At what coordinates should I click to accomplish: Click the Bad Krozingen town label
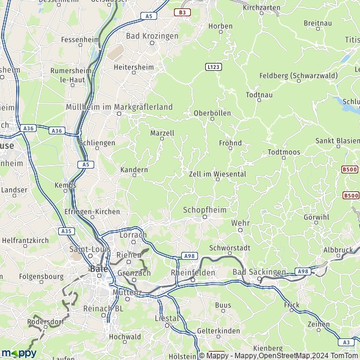click(152, 36)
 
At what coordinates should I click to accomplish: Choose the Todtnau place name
click(259, 95)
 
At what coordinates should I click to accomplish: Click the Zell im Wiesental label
click(217, 173)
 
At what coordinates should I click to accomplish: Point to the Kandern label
click(134, 170)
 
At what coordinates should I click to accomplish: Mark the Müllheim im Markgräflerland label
click(118, 107)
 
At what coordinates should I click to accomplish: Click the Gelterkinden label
click(218, 331)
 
